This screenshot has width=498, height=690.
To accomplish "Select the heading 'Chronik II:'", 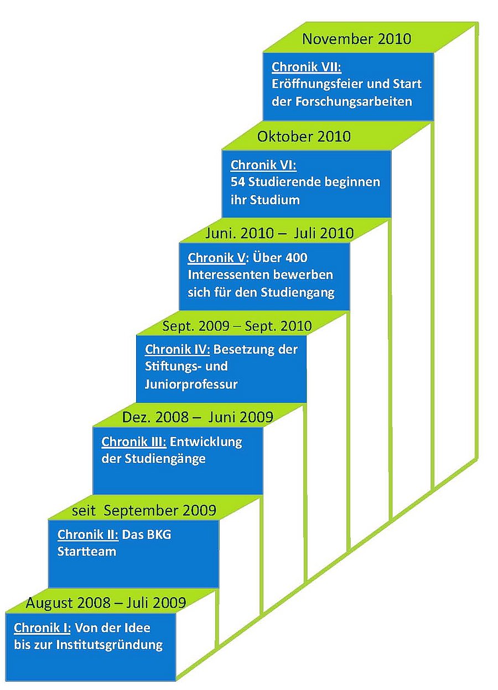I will [87, 535].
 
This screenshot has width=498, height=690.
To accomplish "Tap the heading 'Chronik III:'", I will [134, 442].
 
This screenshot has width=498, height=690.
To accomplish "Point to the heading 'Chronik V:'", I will [219, 258].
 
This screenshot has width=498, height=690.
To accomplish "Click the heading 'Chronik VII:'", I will [306, 67].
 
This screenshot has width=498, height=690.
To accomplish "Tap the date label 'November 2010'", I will [356, 39].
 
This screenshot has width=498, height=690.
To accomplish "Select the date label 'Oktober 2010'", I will [304, 136].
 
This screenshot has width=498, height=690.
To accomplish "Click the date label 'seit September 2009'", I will [144, 509].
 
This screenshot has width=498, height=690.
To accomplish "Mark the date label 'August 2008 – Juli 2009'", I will [106, 602].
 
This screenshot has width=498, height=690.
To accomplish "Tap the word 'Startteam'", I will [87, 551].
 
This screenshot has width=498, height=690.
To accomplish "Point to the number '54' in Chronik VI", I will [238, 182].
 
